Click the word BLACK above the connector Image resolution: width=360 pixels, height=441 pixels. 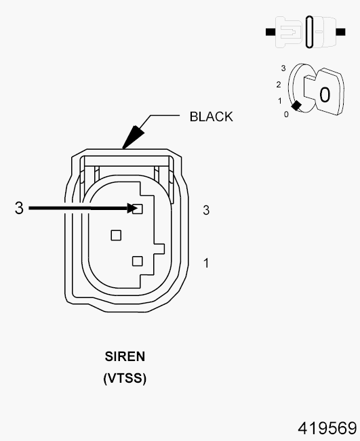[x=211, y=117]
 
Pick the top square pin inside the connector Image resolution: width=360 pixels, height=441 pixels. [x=138, y=209]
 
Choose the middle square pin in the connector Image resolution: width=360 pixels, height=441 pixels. [x=116, y=235]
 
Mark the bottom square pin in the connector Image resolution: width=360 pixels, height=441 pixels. [x=138, y=261]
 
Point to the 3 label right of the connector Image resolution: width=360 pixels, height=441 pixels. [x=206, y=211]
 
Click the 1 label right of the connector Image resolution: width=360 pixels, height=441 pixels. [x=206, y=262]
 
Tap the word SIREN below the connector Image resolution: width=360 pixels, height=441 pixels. [x=125, y=356]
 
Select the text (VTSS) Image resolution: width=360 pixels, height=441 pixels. [x=125, y=379]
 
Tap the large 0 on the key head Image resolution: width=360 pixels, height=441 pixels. [x=325, y=95]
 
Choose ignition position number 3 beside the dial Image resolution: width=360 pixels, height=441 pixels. [x=283, y=68]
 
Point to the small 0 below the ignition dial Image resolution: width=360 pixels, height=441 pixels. [x=285, y=114]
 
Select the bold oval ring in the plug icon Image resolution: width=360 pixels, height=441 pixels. [x=310, y=32]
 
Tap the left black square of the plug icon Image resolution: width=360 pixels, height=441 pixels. [x=270, y=32]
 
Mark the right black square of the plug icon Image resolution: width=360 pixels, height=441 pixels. [x=350, y=32]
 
